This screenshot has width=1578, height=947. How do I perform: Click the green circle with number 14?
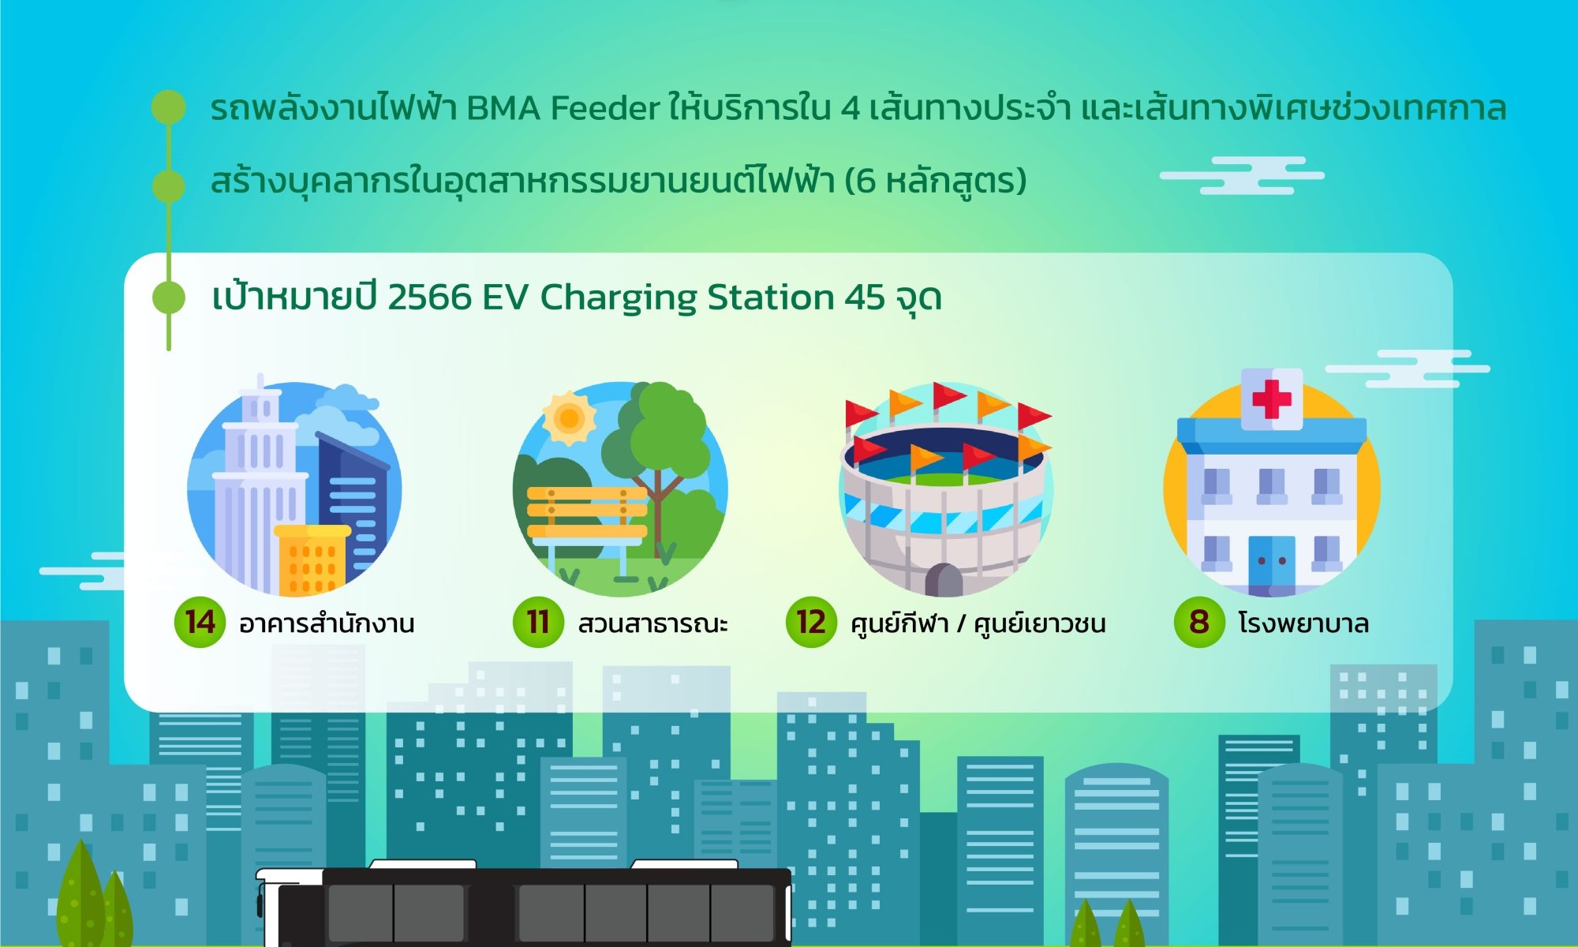(x=200, y=623)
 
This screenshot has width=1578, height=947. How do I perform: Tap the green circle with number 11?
(x=538, y=623)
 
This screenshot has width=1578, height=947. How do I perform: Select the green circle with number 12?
(x=811, y=623)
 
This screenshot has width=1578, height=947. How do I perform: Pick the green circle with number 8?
(x=1199, y=623)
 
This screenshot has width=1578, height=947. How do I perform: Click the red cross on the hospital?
(x=1272, y=399)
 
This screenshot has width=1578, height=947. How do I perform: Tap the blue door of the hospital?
(x=1272, y=562)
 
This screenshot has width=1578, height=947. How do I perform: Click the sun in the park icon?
(x=569, y=417)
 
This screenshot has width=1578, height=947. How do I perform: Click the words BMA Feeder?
(x=563, y=108)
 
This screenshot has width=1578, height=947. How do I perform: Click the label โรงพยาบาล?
(x=1303, y=623)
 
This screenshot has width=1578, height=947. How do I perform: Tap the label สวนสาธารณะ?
(x=653, y=623)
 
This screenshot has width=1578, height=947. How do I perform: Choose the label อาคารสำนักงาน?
(x=327, y=623)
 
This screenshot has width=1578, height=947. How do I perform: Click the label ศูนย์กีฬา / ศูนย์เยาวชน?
(x=978, y=623)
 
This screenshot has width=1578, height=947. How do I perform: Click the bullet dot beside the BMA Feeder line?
(x=168, y=107)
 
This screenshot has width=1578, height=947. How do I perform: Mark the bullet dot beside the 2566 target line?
(x=168, y=298)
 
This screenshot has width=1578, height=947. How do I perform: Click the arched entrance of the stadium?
(x=944, y=580)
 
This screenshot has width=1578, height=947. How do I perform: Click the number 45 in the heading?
(x=865, y=298)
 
